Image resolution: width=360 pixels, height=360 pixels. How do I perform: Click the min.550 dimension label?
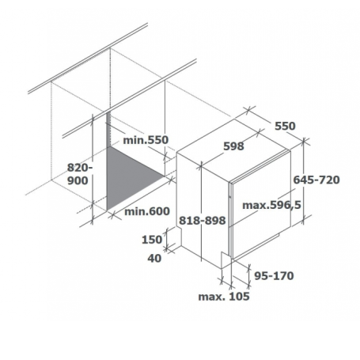(146, 140)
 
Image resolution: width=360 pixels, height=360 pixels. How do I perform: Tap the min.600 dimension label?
(147, 211)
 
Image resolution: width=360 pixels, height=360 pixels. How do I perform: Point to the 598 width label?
(233, 146)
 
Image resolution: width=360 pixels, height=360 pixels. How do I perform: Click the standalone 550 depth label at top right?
(285, 126)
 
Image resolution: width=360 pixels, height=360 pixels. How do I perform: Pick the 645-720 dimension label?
(316, 180)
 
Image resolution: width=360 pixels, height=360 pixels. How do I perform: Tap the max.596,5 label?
(271, 205)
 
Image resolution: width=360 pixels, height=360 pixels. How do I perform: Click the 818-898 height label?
(203, 221)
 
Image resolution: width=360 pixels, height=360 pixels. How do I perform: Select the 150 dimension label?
(152, 240)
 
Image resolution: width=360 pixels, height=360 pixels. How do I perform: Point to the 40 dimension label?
(154, 258)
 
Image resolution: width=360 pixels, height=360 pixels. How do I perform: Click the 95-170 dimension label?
(274, 276)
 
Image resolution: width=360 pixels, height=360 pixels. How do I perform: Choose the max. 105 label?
(224, 297)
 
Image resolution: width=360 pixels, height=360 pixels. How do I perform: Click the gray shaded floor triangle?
(127, 174)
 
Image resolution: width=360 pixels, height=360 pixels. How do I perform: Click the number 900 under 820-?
(78, 181)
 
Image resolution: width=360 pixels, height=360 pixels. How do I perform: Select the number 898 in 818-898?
(215, 221)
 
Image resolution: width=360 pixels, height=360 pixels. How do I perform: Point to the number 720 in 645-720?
(329, 180)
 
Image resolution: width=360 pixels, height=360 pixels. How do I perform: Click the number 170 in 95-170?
(283, 276)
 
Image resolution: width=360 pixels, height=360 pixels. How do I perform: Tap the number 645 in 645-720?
(304, 180)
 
